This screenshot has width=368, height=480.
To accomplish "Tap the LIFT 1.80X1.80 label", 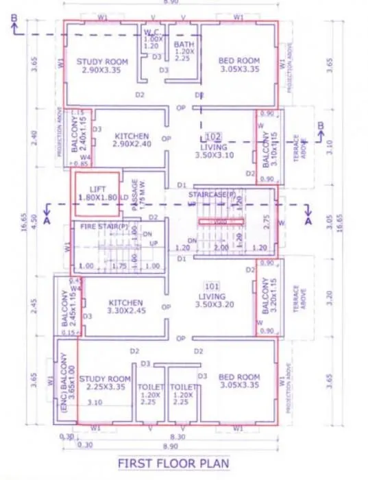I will point(94,193).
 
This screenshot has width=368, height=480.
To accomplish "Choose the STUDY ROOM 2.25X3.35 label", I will point(104,383).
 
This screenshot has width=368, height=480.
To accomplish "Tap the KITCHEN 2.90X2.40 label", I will point(132,141).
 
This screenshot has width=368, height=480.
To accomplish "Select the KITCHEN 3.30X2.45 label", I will point(126,307).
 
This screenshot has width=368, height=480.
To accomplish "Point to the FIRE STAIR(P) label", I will point(104,226).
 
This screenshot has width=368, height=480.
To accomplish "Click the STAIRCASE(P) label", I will point(212,195).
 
